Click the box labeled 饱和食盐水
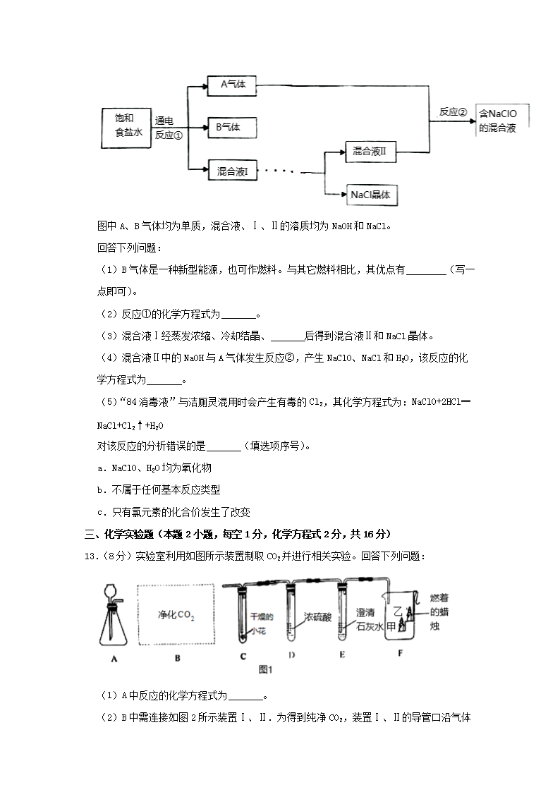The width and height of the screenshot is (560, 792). tap(126, 128)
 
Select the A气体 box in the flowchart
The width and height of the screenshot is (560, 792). tap(232, 85)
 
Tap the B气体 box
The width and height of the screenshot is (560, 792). tap(232, 128)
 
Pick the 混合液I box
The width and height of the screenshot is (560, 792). tap(233, 171)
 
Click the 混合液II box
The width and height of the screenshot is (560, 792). tap(371, 152)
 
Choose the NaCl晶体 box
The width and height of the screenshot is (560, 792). tap(372, 195)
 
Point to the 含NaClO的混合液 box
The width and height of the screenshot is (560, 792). tap(501, 121)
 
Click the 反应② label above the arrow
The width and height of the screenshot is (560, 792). tap(453, 112)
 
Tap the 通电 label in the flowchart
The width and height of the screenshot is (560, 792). tap(164, 121)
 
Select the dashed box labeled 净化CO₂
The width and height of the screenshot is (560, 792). tap(176, 615)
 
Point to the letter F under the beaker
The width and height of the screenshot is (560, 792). tap(400, 653)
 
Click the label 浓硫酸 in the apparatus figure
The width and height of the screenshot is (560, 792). tap(317, 617)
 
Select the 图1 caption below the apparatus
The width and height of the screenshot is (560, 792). tap(266, 669)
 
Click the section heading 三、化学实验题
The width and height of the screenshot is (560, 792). tap(118, 535)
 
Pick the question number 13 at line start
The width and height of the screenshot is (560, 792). tap(90, 556)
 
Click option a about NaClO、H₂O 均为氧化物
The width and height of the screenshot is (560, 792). tap(154, 468)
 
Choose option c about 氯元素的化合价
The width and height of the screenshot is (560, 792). tap(174, 512)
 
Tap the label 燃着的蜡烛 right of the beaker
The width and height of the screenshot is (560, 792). tap(439, 612)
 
